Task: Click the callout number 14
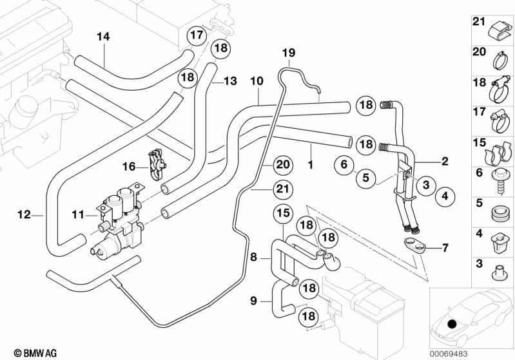pos(103,37)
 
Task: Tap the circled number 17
pos(196,35)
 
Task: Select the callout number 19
pos(287,52)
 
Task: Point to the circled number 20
pos(281,166)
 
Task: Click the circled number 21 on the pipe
pos(281,189)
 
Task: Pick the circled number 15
pos(284,213)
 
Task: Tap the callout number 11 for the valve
pos(78,214)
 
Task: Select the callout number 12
pos(24,215)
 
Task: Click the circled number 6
pos(344,165)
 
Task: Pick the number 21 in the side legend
pos(478,22)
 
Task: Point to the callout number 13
pos(230,81)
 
